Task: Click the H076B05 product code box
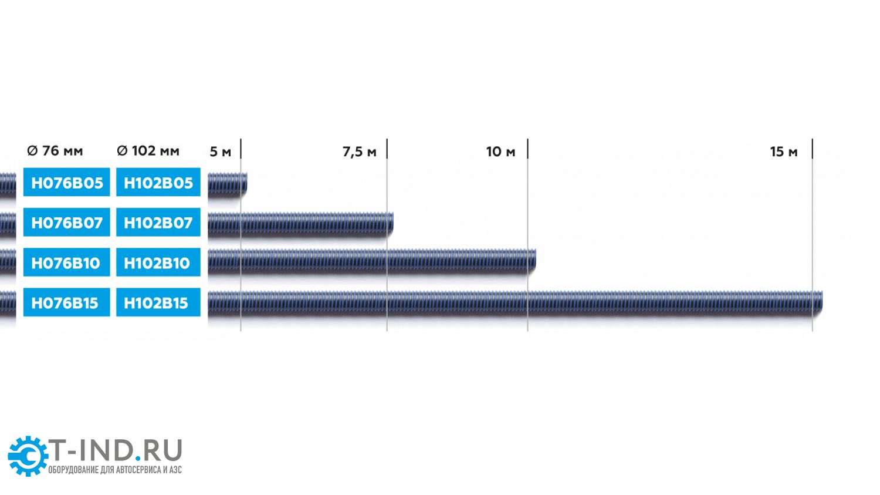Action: point(66,182)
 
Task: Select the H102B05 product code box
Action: point(158,182)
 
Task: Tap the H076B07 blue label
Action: point(66,222)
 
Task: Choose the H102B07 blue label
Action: point(158,222)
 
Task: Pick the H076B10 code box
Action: point(66,262)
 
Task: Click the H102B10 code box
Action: point(158,262)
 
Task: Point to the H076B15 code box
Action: point(66,302)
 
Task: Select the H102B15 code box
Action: point(158,302)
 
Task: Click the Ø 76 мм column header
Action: point(55,150)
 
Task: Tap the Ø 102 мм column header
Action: point(148,150)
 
